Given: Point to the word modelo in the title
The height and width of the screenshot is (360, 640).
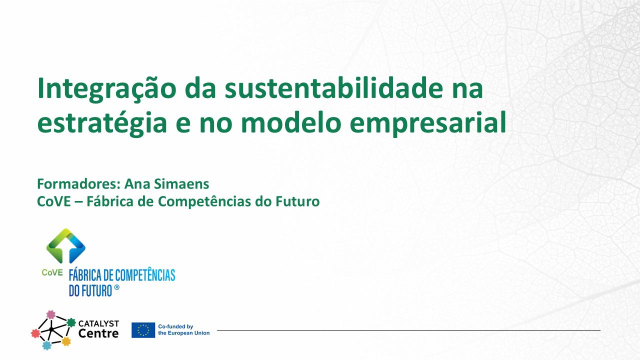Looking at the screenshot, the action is (291, 122).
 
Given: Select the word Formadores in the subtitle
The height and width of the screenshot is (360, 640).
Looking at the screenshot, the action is (77, 183).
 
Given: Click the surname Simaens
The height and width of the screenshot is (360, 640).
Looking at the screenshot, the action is (181, 183).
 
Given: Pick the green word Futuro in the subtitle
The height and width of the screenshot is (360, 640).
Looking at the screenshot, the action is (297, 201).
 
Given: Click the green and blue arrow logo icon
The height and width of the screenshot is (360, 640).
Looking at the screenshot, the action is (65, 246).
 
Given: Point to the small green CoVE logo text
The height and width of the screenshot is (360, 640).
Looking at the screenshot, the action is (52, 272).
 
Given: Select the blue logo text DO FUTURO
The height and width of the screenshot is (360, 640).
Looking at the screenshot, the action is (90, 290).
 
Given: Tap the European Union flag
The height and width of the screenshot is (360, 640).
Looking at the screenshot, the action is (143, 330).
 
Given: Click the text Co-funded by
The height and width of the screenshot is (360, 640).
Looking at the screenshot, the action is (175, 326).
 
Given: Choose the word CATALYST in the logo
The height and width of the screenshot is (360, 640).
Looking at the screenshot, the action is (98, 323).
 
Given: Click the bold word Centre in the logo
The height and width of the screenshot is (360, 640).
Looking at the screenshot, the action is (98, 333).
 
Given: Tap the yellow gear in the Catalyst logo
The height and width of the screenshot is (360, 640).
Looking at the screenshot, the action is (66, 341).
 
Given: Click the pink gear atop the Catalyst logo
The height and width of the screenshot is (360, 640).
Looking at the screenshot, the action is (51, 314).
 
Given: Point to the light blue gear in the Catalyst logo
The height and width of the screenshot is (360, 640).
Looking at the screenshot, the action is (46, 345).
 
